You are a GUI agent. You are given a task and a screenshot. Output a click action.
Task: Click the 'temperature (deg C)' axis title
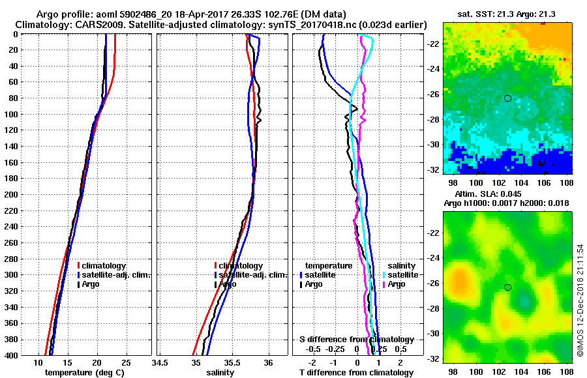pyautogui.click(x=84, y=373)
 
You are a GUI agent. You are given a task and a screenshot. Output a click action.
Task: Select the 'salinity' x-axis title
pyautogui.click(x=221, y=373)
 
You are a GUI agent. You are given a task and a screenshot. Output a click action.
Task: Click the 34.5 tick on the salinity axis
pyautogui.click(x=160, y=362)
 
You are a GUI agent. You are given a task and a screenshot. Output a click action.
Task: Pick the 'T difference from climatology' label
pyautogui.click(x=356, y=373)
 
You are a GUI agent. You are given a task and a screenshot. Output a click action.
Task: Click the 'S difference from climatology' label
pyautogui.click(x=356, y=340)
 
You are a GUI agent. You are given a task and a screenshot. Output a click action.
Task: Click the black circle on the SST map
pyautogui.click(x=507, y=98)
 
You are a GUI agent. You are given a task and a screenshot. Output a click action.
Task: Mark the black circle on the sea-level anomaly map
pyautogui.click(x=507, y=287)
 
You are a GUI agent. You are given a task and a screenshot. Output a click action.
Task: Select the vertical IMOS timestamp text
pyautogui.click(x=579, y=300)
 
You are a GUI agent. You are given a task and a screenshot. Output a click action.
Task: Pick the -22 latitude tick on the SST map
pyautogui.click(x=433, y=43)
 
